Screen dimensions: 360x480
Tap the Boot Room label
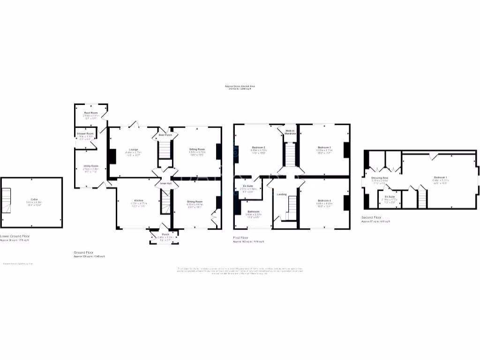click(x=91, y=113)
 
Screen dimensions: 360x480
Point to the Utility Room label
click(x=91, y=166)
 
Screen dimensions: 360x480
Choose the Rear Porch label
click(x=165, y=135)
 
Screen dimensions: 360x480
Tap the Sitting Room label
click(x=197, y=149)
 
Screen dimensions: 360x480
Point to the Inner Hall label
click(x=165, y=183)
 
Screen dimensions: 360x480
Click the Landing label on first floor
click(x=282, y=194)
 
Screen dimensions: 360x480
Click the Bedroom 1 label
click(x=440, y=177)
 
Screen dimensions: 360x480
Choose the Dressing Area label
click(x=379, y=178)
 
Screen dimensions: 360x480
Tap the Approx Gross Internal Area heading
click(x=240, y=86)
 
